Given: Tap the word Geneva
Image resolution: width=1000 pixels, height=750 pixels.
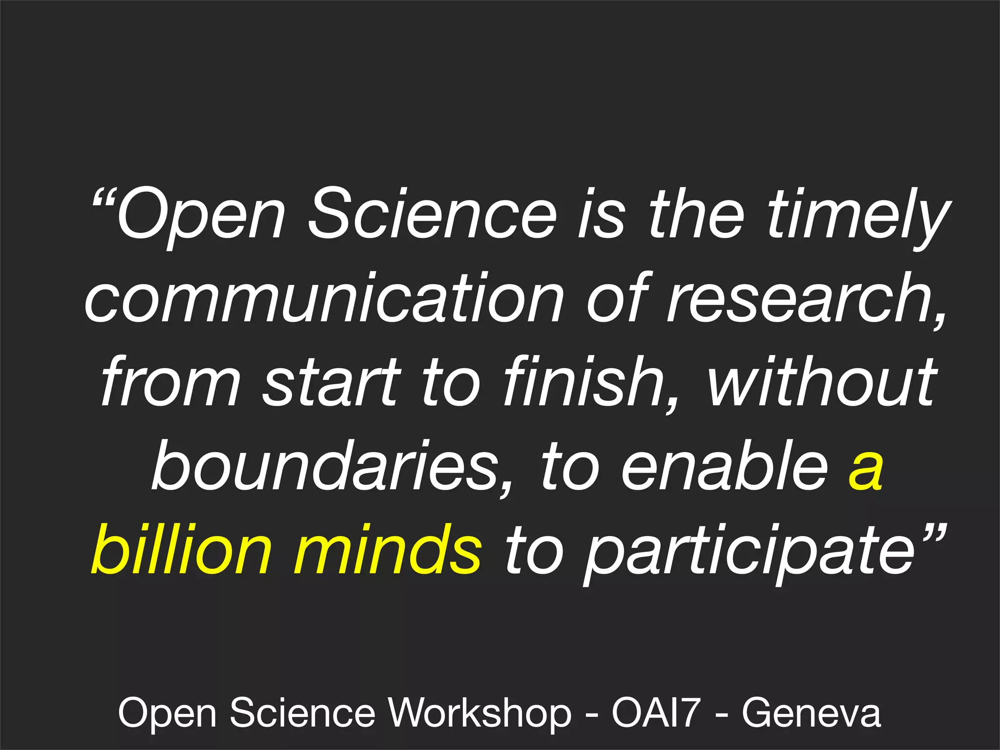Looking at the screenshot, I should coord(811,713).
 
